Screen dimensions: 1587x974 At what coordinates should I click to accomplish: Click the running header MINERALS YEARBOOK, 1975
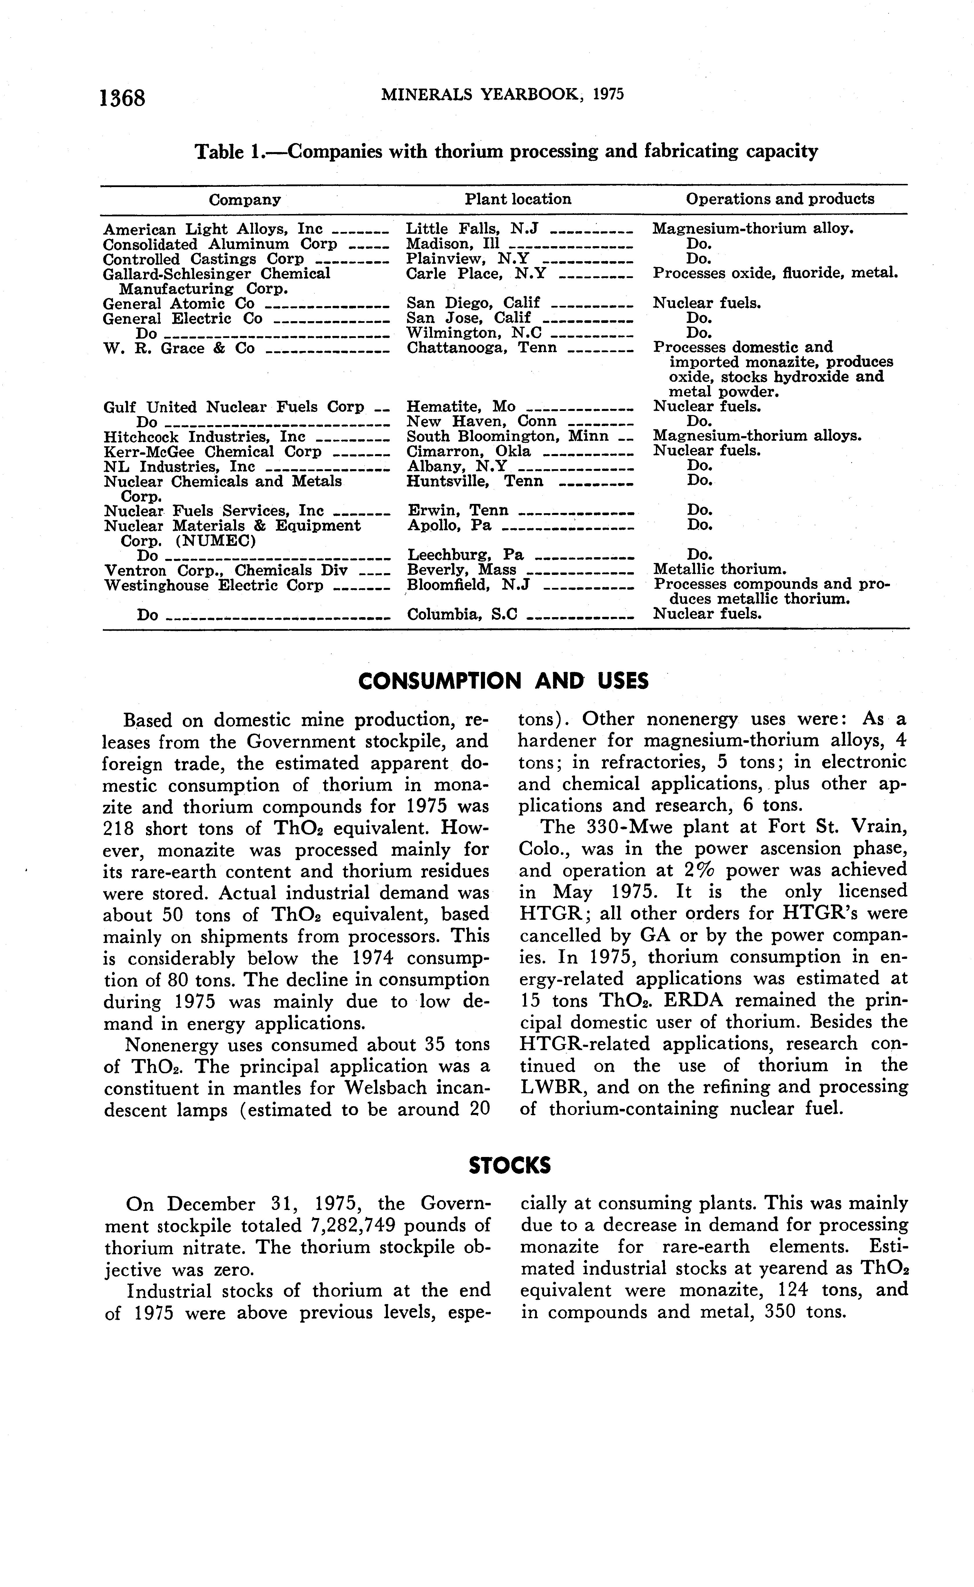(502, 95)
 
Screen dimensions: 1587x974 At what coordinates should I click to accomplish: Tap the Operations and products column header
(779, 199)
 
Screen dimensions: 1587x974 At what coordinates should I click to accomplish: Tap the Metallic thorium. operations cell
(720, 569)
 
